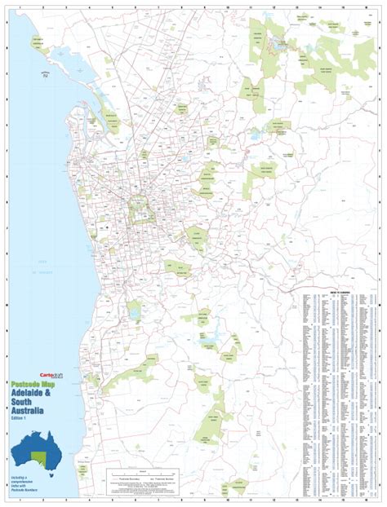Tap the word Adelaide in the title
coord(33,395)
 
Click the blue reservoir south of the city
coord(214,342)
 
